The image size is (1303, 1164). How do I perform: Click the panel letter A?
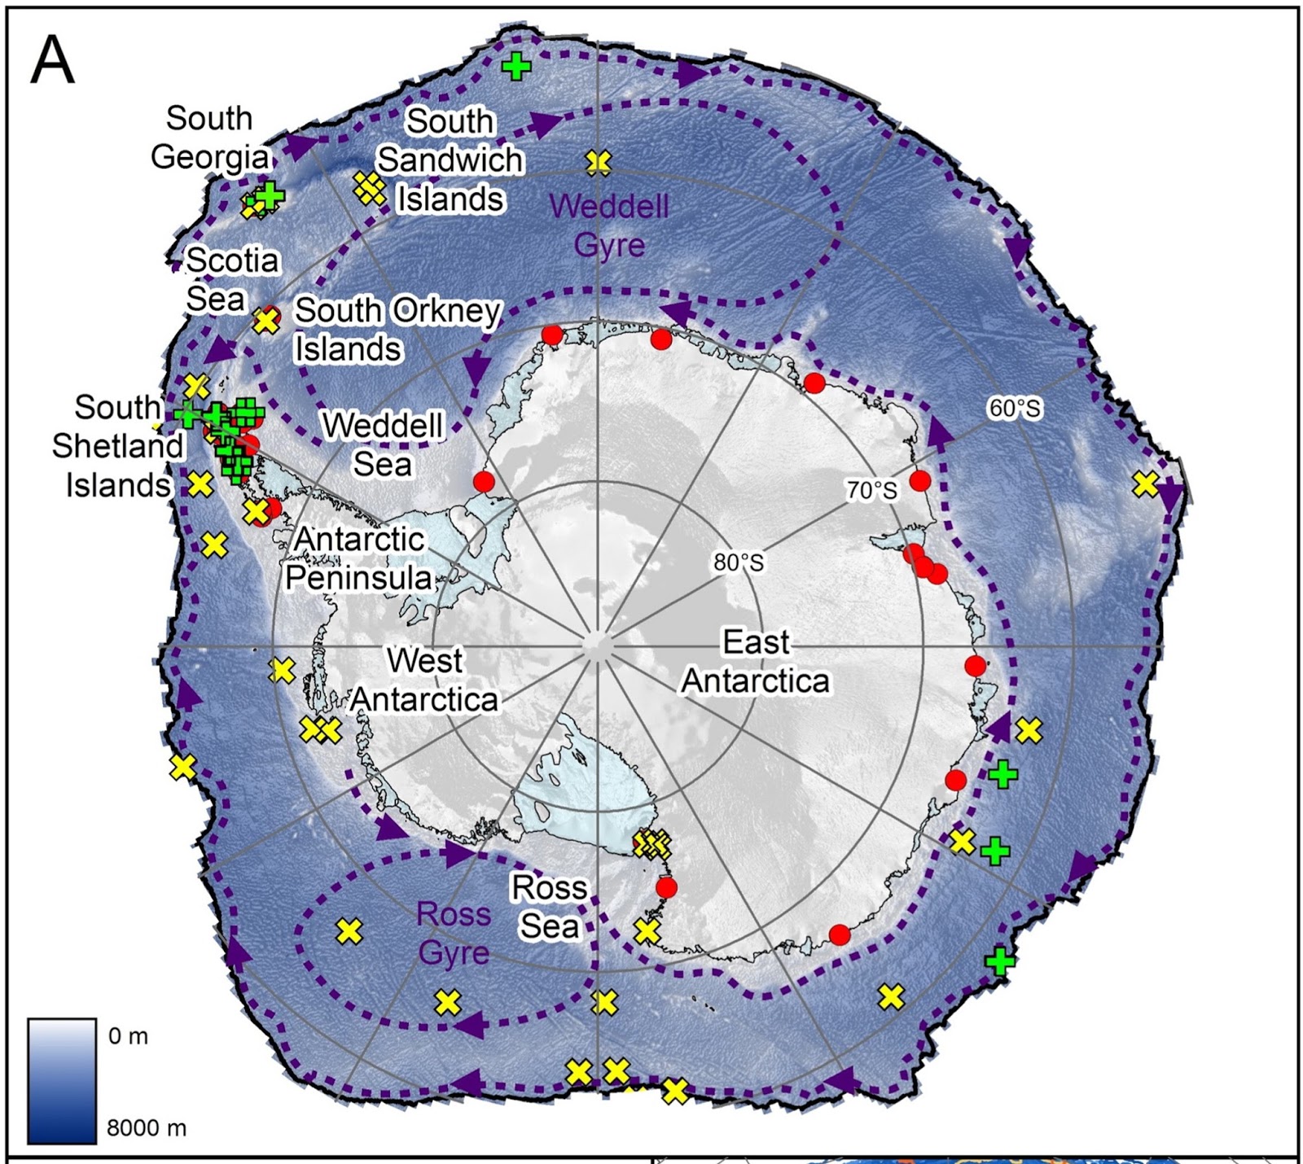[x=52, y=61]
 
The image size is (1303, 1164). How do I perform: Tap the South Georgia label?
[x=210, y=138]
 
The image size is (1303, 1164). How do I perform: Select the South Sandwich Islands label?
[x=450, y=160]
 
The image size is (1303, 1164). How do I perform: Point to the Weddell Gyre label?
[x=609, y=225]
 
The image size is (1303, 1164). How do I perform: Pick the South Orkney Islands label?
[x=397, y=330]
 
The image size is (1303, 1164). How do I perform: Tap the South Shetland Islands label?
[x=118, y=446]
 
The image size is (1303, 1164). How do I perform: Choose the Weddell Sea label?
[x=383, y=445]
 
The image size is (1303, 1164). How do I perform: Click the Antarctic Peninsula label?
[x=359, y=558]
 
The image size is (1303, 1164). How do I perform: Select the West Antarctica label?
[x=424, y=680]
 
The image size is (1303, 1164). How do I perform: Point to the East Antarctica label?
[x=756, y=661]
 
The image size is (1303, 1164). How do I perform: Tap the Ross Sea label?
[x=549, y=906]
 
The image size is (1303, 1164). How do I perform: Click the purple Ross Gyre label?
[x=454, y=933]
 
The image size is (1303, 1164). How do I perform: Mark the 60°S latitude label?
[x=1014, y=408]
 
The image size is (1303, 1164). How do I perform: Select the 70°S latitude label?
[x=871, y=490]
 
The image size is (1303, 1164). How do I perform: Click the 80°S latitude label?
[x=739, y=562]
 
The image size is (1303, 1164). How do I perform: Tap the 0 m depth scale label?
[x=129, y=1036]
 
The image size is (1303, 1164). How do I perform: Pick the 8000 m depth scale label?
[x=147, y=1128]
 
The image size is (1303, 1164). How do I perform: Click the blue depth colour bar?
[x=62, y=1080]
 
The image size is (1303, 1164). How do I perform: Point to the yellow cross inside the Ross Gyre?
[x=349, y=931]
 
